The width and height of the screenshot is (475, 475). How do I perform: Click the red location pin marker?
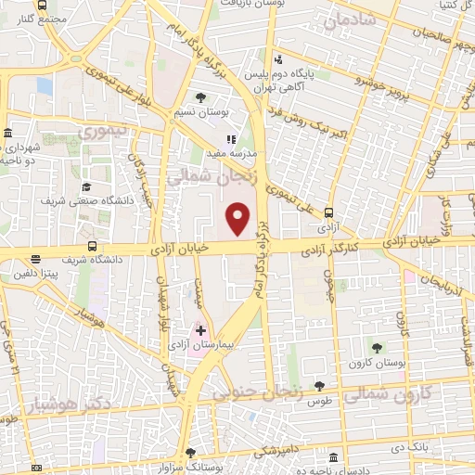click(x=239, y=218)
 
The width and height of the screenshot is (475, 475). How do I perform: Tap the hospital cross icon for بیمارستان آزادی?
click(x=200, y=329)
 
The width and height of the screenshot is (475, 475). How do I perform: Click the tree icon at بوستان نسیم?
click(x=200, y=97)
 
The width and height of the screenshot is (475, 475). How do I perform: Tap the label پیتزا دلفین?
click(x=36, y=276)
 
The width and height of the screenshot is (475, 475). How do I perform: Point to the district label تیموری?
click(x=105, y=134)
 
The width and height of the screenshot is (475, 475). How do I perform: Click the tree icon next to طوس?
click(x=320, y=385)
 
